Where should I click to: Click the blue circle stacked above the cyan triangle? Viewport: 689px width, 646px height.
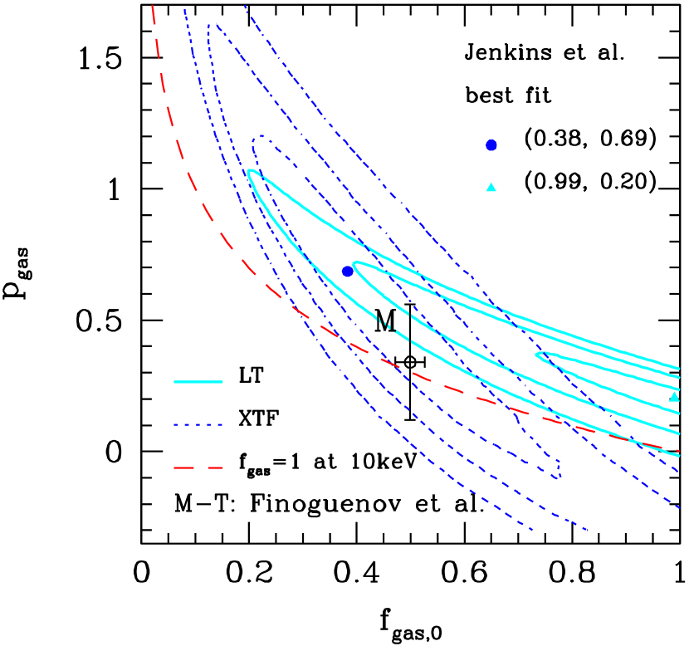pyautogui.click(x=491, y=145)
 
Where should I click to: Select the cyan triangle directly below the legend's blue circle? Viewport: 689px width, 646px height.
pyautogui.click(x=491, y=187)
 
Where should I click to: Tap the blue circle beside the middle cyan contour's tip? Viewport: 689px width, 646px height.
pyautogui.click(x=347, y=272)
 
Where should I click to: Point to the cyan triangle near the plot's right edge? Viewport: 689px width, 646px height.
pyautogui.click(x=674, y=397)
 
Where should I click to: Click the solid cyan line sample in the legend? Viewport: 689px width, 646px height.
pyautogui.click(x=198, y=382)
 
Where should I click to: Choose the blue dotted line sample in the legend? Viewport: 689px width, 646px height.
pyautogui.click(x=198, y=425)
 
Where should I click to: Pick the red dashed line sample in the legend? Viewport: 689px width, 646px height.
pyautogui.click(x=198, y=468)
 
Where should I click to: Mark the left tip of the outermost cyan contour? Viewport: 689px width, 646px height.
pyautogui.click(x=248, y=172)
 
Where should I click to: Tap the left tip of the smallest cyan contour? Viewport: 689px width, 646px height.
pyautogui.click(x=536, y=355)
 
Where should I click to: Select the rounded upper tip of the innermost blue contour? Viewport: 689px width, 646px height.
pyautogui.click(x=260, y=137)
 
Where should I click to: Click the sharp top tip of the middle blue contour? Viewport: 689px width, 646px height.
pyautogui.click(x=217, y=24)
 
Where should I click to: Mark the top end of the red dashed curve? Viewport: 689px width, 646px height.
pyautogui.click(x=153, y=5)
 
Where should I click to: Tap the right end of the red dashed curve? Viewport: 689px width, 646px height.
pyautogui.click(x=679, y=451)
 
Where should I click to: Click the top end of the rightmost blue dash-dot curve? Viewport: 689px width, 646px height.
pyautogui.click(x=245, y=5)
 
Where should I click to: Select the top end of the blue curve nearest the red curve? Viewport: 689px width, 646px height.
pyautogui.click(x=184, y=8)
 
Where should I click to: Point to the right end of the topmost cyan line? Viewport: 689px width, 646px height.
pyautogui.click(x=679, y=368)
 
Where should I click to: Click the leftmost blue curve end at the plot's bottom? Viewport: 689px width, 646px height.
pyautogui.click(x=531, y=529)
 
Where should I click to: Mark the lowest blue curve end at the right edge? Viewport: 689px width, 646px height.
pyautogui.click(x=681, y=507)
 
